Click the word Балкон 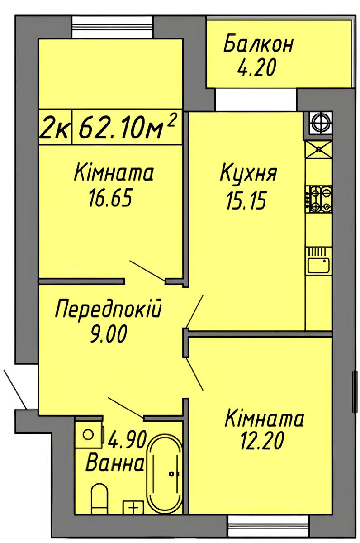point(258,44)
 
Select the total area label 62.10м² point(127,127)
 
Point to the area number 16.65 point(110,197)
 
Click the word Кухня point(248,173)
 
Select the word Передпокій point(108,309)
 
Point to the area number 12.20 point(262,441)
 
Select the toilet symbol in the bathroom point(99,497)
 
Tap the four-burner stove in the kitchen point(318,200)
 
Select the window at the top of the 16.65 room point(113,27)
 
